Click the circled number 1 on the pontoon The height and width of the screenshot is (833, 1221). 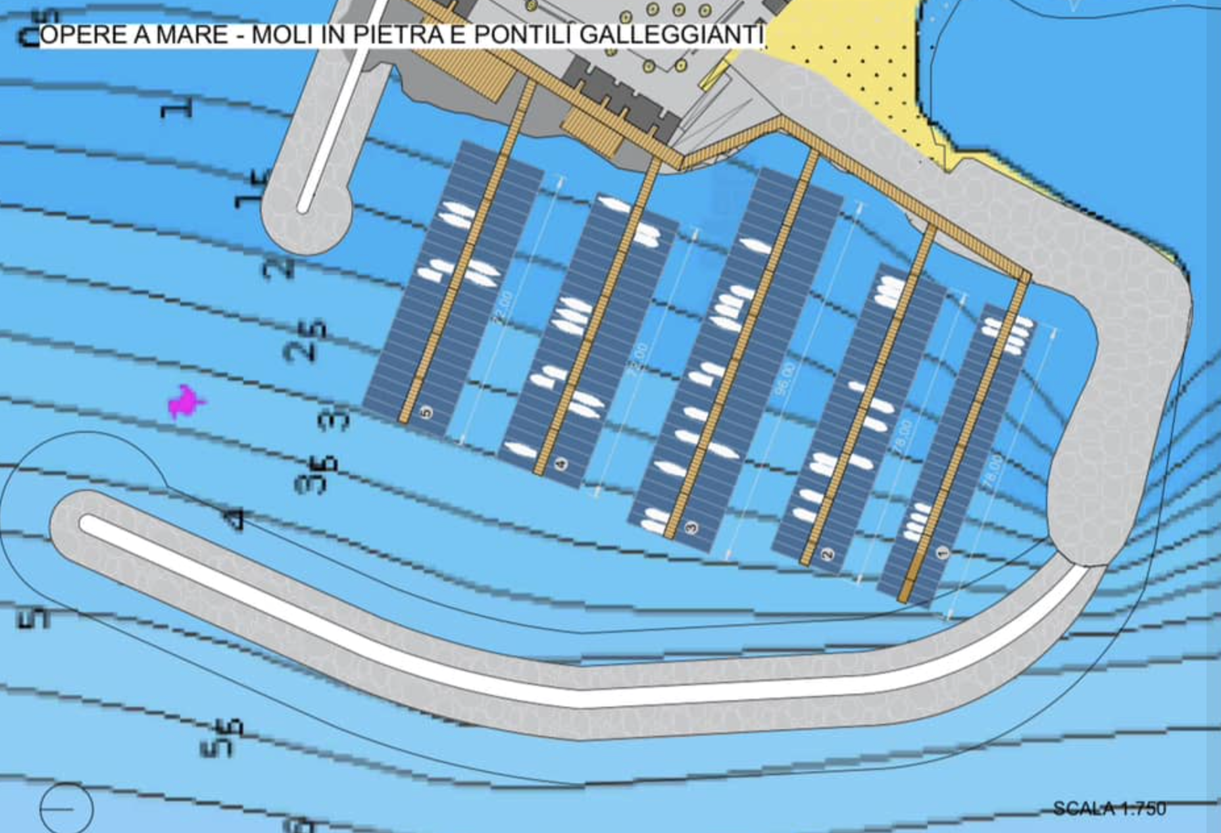coord(942,553)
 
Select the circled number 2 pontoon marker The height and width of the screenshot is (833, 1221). coord(828,554)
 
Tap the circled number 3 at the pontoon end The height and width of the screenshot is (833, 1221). coord(691,527)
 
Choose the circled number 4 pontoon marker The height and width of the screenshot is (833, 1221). coord(561,464)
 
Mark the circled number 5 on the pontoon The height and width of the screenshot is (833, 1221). coord(426,413)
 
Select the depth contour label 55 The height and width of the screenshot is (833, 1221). coord(222,738)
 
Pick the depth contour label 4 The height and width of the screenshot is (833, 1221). coord(235,518)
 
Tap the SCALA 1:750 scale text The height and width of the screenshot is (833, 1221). coord(1109,808)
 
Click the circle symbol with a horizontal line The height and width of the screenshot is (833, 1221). coord(66,809)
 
